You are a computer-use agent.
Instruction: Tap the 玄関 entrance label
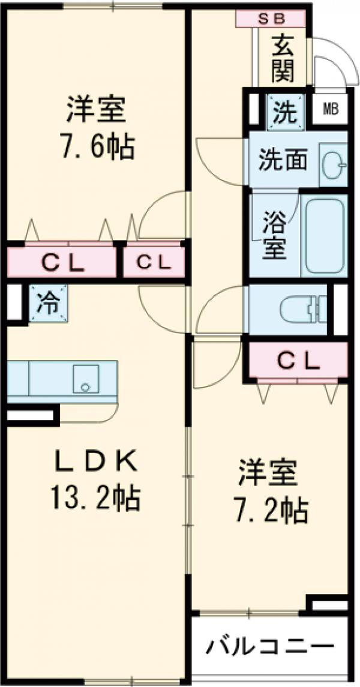282,58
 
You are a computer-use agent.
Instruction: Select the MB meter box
330,109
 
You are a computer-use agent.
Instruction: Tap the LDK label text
95,463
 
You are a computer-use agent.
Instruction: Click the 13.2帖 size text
96,497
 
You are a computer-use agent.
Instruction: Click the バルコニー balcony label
270,647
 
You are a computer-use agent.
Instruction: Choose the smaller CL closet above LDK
153,262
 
